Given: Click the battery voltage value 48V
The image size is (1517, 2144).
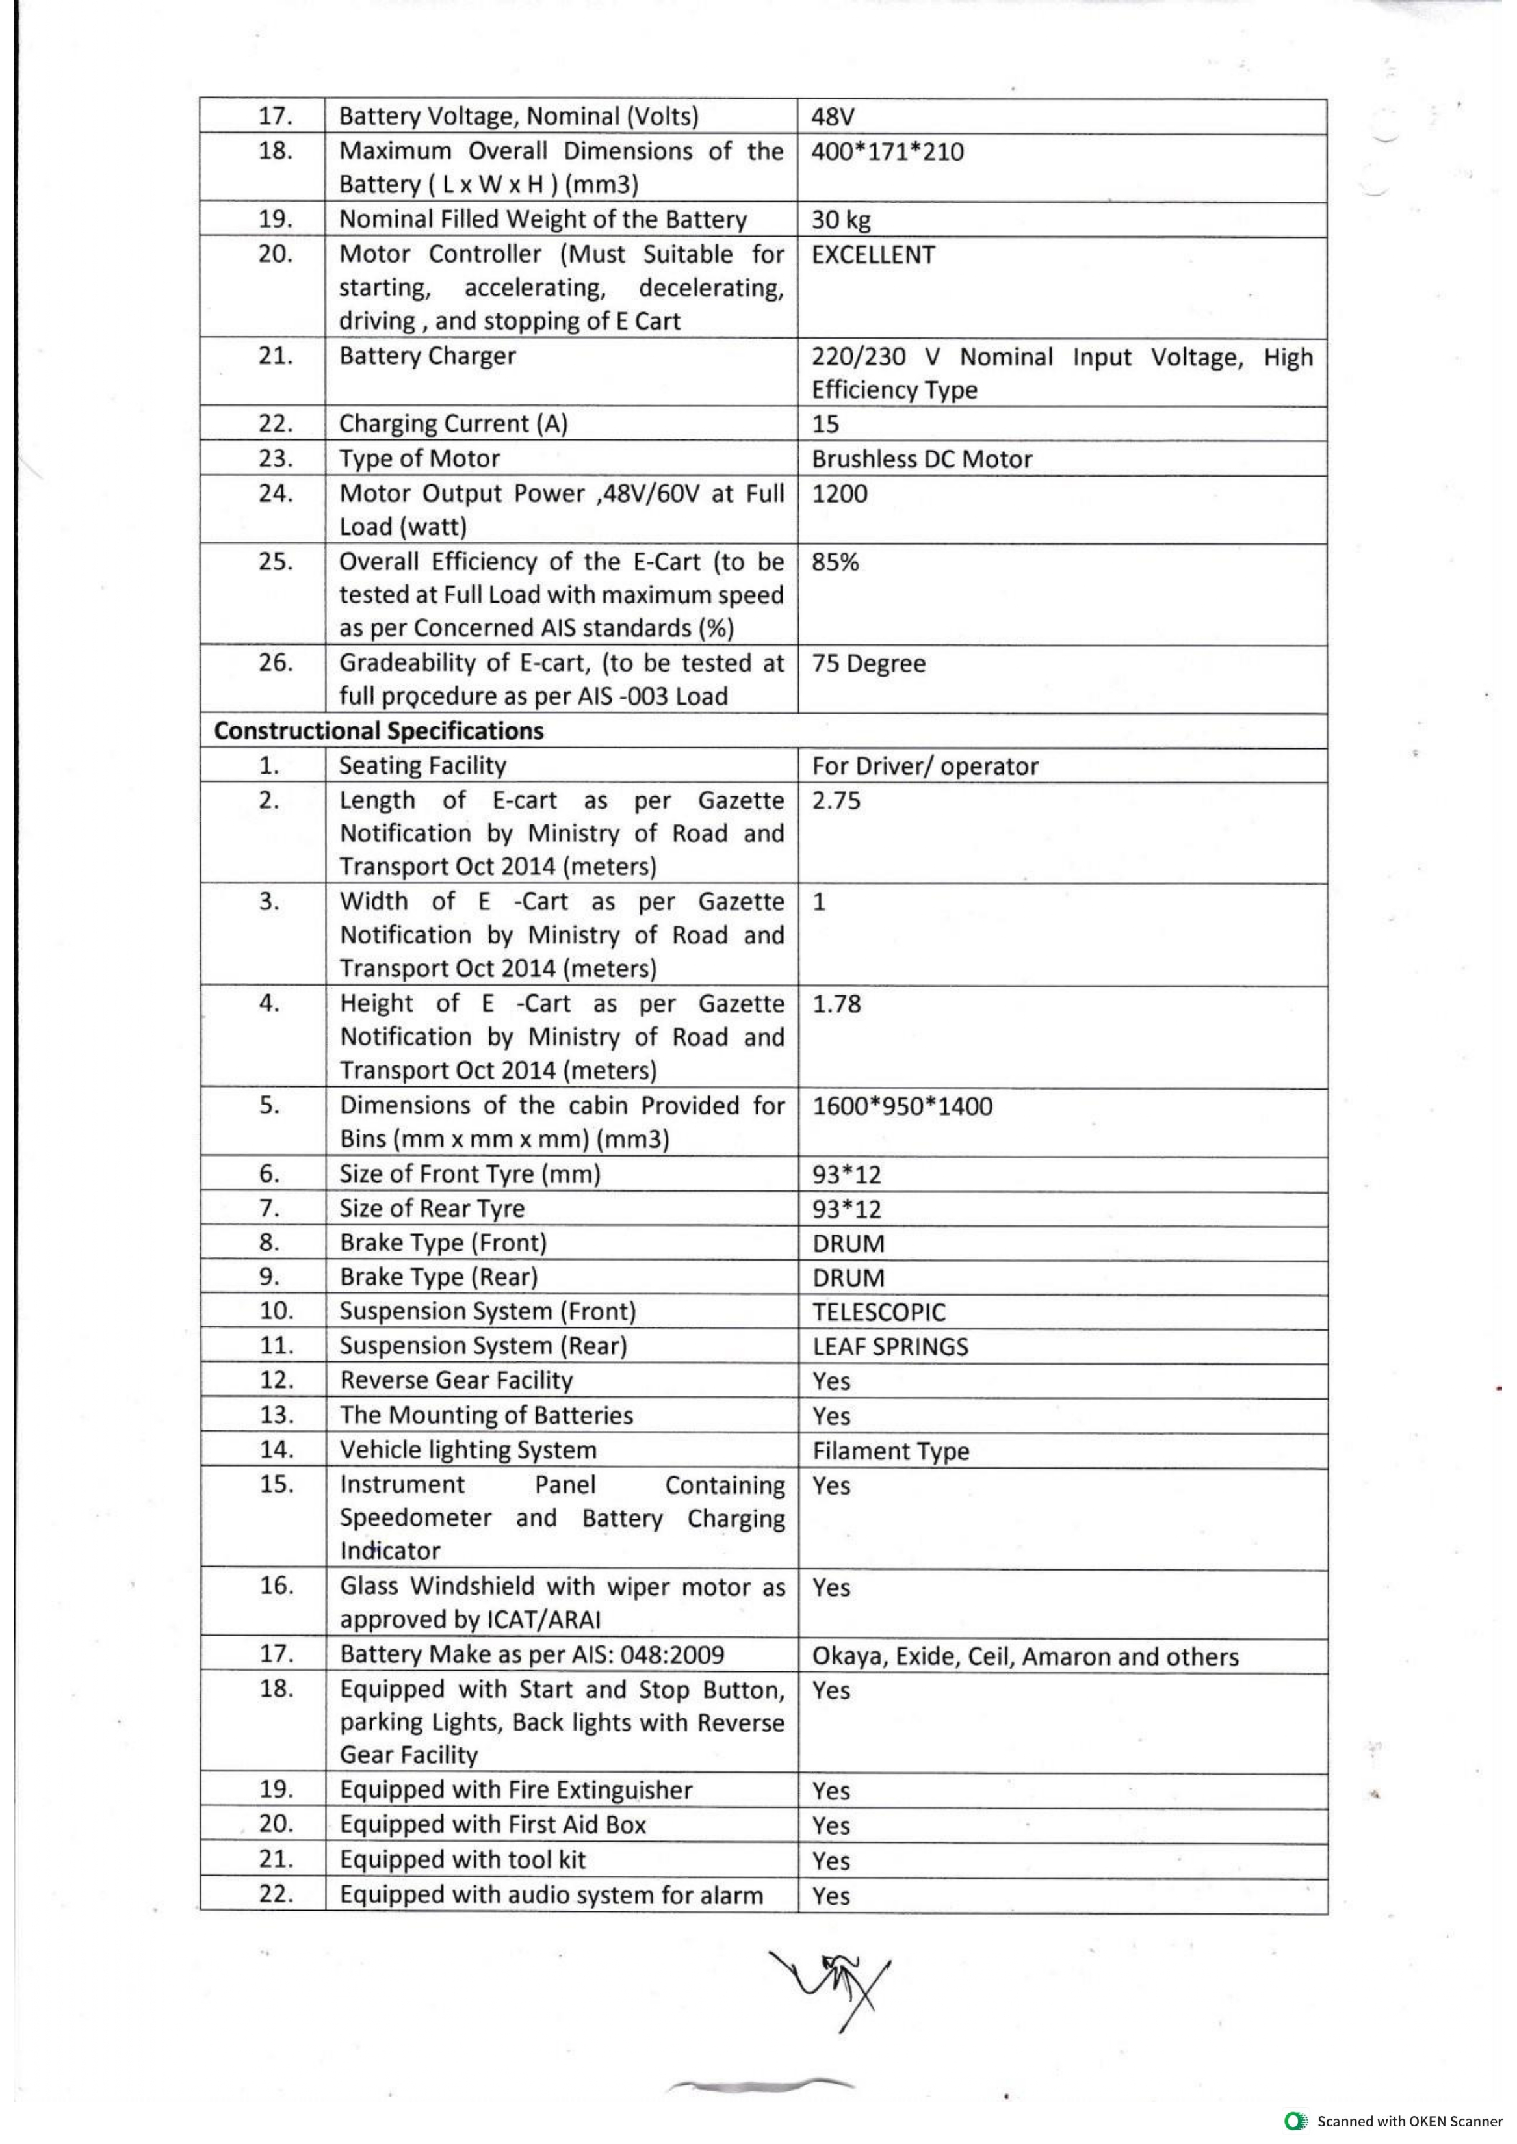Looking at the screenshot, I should [x=833, y=117].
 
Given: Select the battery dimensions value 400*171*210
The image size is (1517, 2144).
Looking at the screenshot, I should [x=887, y=151].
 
